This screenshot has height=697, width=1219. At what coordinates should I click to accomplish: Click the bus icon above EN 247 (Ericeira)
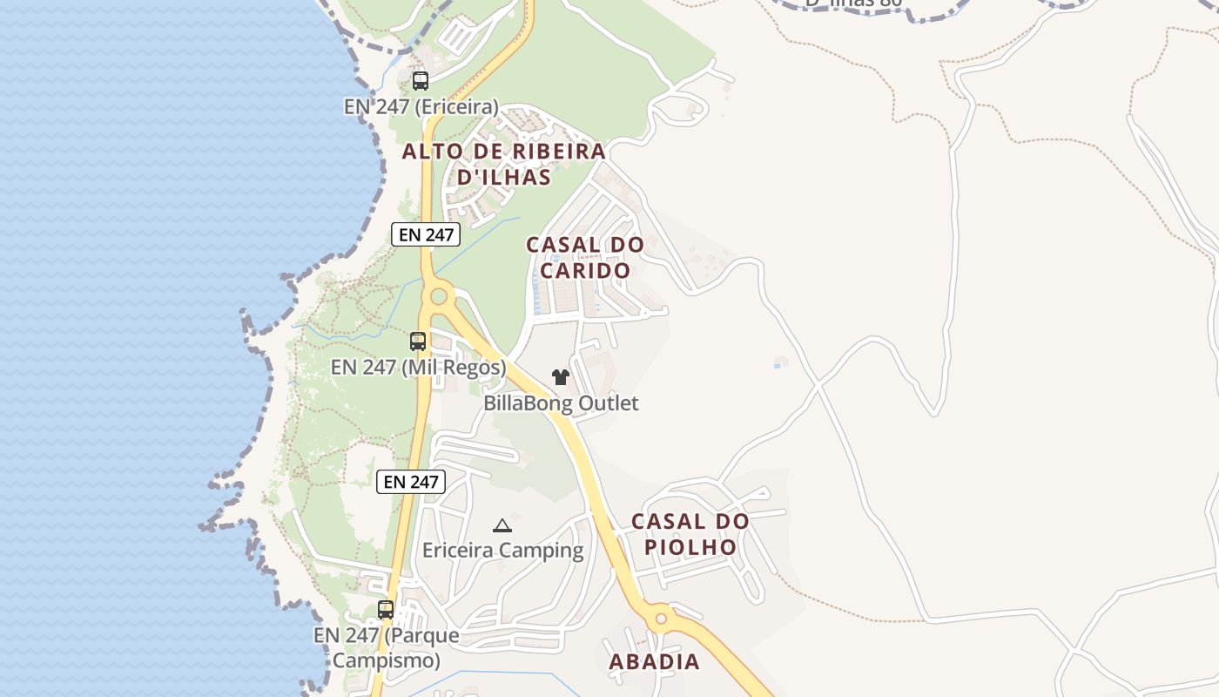(421, 81)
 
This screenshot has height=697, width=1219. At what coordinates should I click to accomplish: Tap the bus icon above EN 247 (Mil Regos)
(418, 341)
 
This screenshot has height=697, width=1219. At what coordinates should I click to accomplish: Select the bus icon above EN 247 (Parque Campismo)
(386, 610)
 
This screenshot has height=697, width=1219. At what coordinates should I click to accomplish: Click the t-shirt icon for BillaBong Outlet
(561, 377)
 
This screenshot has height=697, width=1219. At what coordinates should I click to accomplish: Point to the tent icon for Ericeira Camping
(502, 525)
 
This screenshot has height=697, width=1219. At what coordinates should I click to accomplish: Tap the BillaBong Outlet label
(561, 403)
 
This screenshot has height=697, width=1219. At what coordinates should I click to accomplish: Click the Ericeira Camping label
(502, 550)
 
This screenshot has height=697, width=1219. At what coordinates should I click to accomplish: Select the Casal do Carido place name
(585, 257)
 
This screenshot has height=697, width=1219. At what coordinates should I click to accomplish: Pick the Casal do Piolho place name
(690, 534)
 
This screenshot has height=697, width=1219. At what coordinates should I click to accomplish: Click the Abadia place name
(654, 661)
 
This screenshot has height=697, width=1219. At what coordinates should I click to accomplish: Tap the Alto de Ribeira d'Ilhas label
(503, 164)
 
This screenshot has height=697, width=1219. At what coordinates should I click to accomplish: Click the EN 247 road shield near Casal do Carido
(425, 234)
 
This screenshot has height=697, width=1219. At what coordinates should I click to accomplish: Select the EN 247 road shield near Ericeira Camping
(411, 482)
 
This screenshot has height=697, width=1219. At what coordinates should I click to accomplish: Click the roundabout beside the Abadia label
(660, 619)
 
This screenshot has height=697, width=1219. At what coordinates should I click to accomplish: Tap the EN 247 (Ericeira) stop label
(421, 107)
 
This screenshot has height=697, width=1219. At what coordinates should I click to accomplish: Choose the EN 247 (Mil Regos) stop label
(418, 367)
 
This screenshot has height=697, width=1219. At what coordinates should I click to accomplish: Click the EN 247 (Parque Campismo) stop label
(386, 647)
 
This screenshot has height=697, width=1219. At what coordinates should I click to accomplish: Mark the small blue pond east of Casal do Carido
(780, 362)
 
